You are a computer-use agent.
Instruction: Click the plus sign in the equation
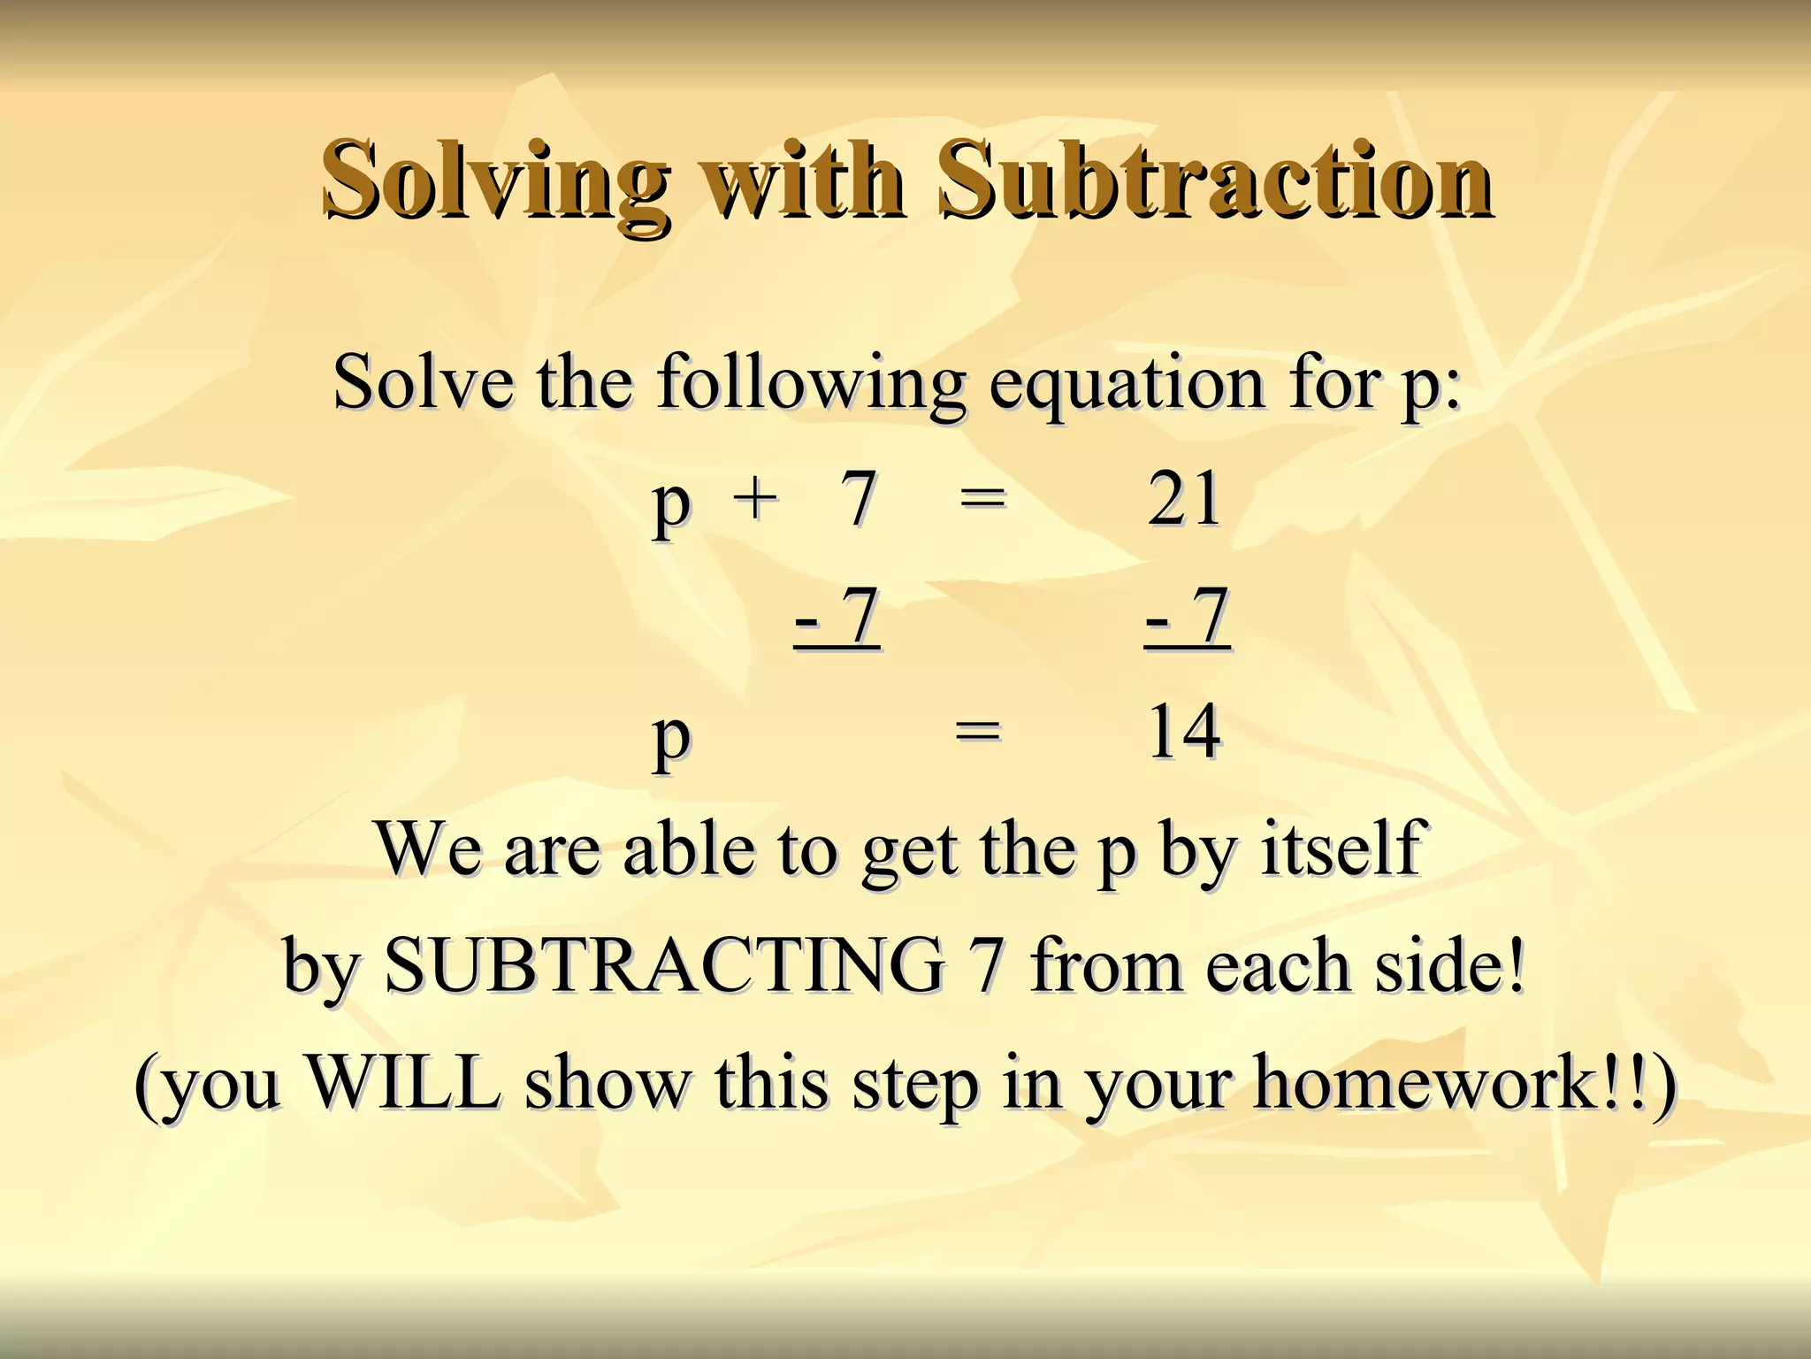pos(756,497)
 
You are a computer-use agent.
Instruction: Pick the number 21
pos(1184,499)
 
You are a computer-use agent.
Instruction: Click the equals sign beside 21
pos(982,499)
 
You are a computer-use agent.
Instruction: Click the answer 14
pos(1184,732)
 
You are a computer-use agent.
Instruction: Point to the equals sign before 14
pos(978,732)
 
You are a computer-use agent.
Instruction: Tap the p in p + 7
pos(671,506)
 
